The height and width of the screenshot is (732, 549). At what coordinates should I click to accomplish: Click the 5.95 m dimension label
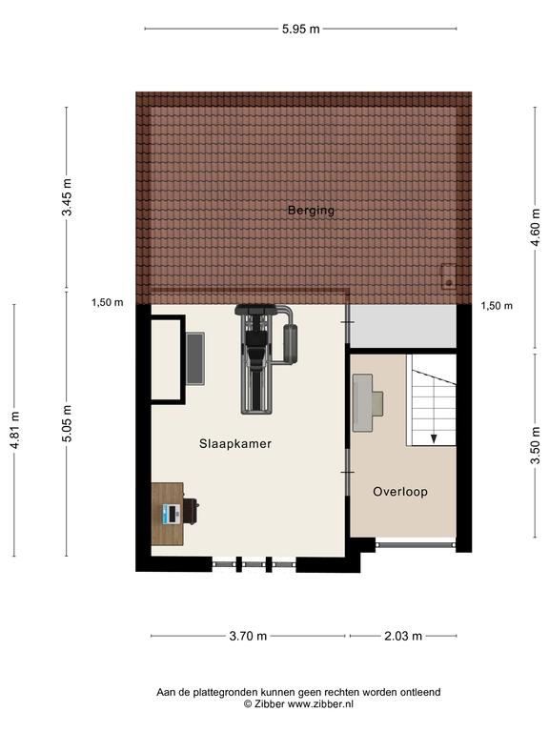(300, 29)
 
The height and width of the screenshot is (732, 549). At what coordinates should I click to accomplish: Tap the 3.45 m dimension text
(68, 197)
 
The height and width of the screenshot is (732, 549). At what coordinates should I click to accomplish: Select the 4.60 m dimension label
(536, 227)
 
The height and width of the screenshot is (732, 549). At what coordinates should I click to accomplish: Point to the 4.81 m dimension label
(15, 431)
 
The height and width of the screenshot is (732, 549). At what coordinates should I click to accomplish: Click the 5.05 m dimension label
(68, 423)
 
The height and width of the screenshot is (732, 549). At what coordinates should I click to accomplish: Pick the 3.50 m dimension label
(536, 445)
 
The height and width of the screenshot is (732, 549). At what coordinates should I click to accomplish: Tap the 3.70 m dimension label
(248, 636)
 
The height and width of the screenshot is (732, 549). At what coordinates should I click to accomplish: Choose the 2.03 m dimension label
(403, 636)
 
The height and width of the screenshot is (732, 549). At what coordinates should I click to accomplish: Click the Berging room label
(311, 211)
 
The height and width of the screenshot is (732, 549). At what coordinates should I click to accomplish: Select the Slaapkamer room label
(235, 443)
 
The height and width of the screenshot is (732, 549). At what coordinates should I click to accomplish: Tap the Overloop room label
(400, 492)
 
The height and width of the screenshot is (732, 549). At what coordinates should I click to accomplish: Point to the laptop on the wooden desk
(172, 514)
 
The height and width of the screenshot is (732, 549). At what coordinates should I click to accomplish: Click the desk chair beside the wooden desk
(191, 511)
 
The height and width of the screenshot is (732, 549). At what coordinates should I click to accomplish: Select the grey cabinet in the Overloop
(362, 403)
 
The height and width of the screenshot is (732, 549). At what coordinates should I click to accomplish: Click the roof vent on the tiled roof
(449, 275)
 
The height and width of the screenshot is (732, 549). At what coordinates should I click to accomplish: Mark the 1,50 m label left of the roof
(108, 302)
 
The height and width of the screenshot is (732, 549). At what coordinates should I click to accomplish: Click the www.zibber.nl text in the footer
(320, 704)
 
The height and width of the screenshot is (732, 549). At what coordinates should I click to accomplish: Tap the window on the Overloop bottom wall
(416, 544)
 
